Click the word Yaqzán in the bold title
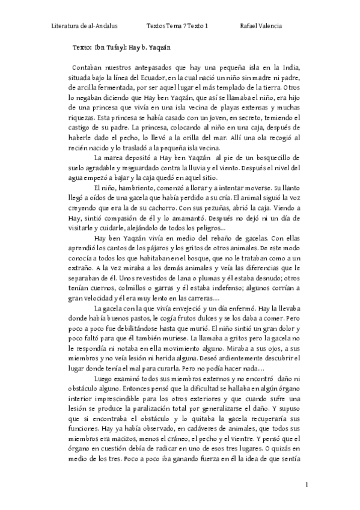pyautogui.click(x=156, y=46)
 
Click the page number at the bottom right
pyautogui.click(x=307, y=485)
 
